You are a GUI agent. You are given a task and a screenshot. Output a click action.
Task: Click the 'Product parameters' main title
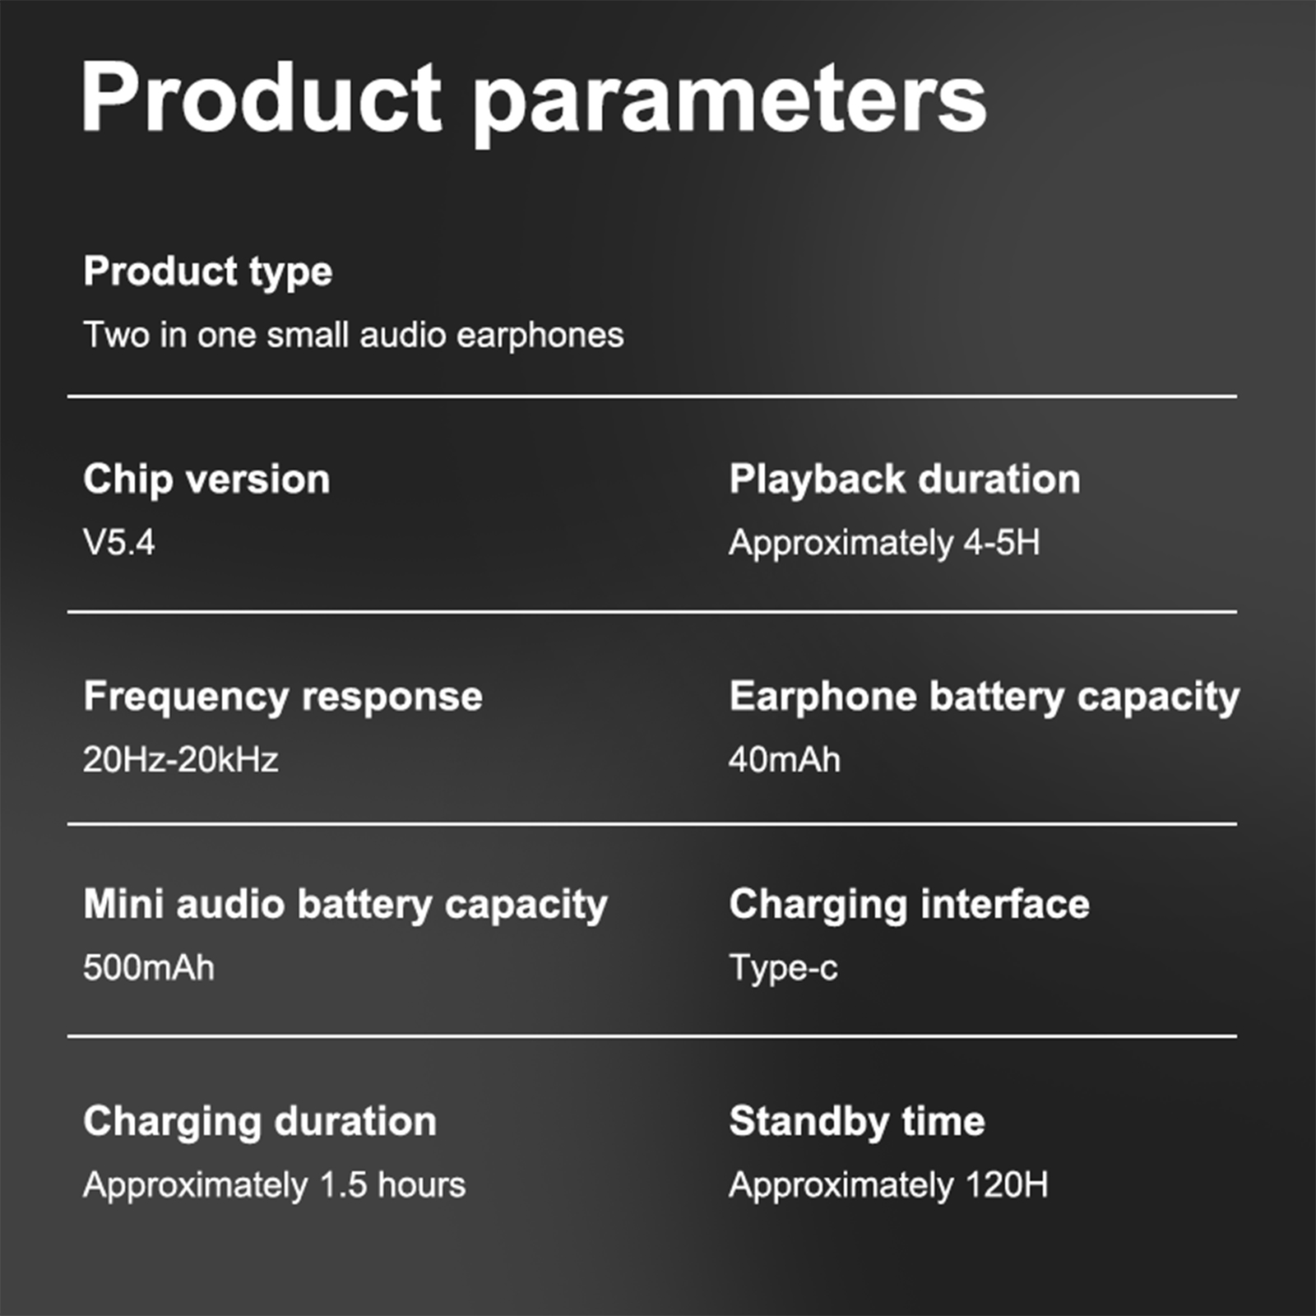pyautogui.click(x=534, y=99)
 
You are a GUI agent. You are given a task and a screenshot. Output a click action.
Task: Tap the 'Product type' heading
pyautogui.click(x=208, y=272)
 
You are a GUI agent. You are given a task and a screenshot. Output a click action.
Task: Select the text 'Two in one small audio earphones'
pyautogui.click(x=354, y=336)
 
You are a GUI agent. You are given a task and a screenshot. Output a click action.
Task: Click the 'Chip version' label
pyautogui.click(x=206, y=480)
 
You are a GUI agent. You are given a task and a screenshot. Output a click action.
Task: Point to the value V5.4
pyautogui.click(x=119, y=543)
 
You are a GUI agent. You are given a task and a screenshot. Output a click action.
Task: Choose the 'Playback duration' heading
pyautogui.click(x=905, y=480)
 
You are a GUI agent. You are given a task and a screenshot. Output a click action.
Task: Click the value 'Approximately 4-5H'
pyautogui.click(x=884, y=544)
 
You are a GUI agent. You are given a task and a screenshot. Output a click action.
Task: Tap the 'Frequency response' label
pyautogui.click(x=283, y=697)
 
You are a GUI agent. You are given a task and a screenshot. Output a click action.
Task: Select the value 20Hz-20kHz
pyautogui.click(x=181, y=759)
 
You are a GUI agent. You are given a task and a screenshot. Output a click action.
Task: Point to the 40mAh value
pyautogui.click(x=785, y=759)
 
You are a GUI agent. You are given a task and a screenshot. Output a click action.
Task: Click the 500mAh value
pyautogui.click(x=149, y=967)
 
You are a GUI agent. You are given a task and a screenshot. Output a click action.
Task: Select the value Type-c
pyautogui.click(x=784, y=968)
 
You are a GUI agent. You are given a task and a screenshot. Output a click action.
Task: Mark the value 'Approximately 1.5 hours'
pyautogui.click(x=275, y=1185)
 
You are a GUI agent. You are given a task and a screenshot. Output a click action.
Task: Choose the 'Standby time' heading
pyautogui.click(x=857, y=1122)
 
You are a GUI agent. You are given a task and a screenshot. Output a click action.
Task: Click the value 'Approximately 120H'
pyautogui.click(x=889, y=1185)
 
